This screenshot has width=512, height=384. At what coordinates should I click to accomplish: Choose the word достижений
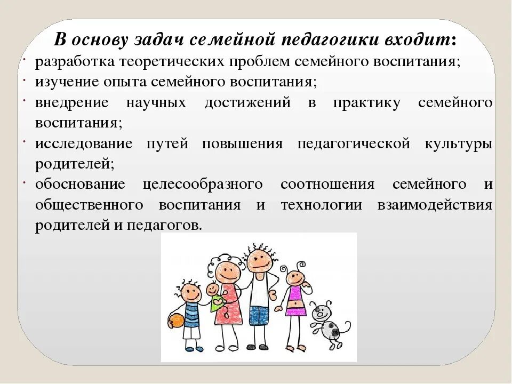(x=247, y=103)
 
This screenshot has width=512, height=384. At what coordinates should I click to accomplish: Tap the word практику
(x=366, y=103)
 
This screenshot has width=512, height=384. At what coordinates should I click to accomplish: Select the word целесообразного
(x=203, y=185)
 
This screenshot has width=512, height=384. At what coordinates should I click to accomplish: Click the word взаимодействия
(x=435, y=205)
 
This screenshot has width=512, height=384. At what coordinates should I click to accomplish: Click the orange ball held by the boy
(x=176, y=321)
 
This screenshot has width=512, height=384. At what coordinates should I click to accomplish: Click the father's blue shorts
(x=260, y=311)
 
